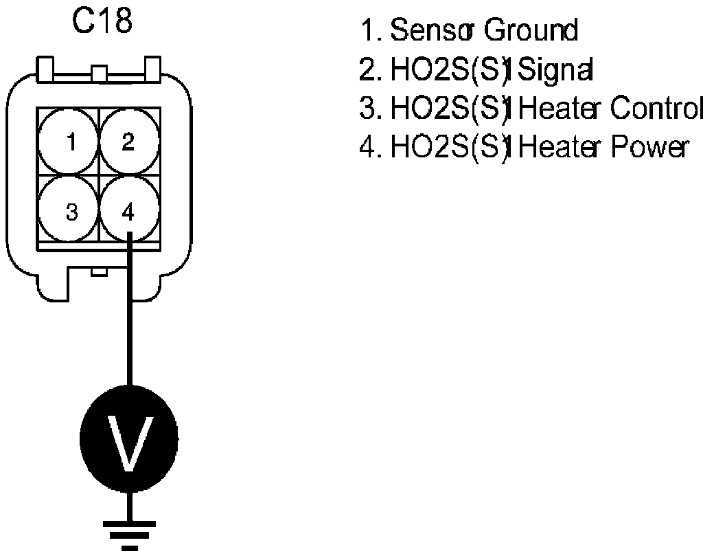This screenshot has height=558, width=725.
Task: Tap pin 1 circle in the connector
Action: click(70, 143)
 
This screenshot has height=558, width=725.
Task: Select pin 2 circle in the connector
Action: click(129, 143)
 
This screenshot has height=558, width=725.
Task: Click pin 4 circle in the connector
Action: click(129, 210)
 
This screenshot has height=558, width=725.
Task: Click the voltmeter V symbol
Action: click(128, 440)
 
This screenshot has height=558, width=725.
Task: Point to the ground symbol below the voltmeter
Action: click(128, 533)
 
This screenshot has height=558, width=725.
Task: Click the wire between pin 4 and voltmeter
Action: click(128, 323)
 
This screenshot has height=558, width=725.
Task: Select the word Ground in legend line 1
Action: click(531, 31)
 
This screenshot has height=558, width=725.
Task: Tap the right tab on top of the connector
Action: click(150, 67)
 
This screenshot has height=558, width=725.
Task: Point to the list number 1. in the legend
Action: click(371, 31)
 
